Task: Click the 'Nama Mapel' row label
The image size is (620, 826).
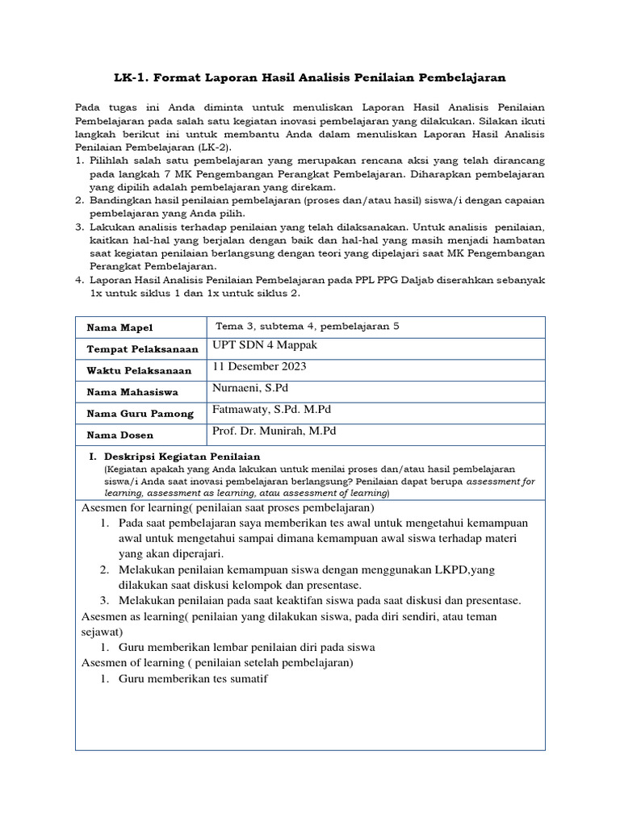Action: [x=119, y=327]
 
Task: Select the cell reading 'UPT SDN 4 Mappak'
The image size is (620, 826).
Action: [x=265, y=345]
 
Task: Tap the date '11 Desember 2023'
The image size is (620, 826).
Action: [x=259, y=366]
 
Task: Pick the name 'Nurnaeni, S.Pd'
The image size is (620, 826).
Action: [x=250, y=388]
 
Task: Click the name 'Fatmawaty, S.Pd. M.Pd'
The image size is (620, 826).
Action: [x=271, y=410]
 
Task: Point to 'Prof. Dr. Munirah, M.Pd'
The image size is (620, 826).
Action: [x=274, y=432]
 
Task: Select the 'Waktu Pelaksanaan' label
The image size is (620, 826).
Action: [x=139, y=370]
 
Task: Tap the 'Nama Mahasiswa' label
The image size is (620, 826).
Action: [x=132, y=392]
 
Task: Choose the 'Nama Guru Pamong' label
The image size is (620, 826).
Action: [x=140, y=414]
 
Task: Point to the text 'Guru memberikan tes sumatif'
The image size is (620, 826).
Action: [x=192, y=678]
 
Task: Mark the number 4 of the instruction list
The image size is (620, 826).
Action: [x=80, y=280]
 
